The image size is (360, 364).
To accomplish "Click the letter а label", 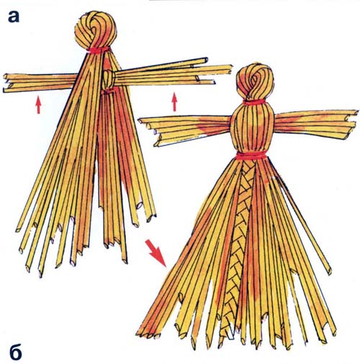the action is (x=13, y=17).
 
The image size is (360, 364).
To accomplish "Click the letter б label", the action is (x=16, y=352).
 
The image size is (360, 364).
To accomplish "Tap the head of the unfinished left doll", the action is (x=95, y=29).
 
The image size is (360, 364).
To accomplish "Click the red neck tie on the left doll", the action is (x=99, y=50).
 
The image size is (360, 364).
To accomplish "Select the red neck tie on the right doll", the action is (x=255, y=102).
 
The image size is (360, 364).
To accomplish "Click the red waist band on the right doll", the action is (x=251, y=155).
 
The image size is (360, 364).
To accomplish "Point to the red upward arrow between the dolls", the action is (x=175, y=102).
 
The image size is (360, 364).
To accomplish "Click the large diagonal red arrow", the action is (x=156, y=252).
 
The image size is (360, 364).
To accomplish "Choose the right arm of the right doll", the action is (x=315, y=124).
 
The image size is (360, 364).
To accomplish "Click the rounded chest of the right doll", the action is (x=252, y=128).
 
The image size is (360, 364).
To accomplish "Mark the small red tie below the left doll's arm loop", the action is (x=108, y=91).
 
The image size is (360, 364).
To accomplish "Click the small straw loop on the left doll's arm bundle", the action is (x=109, y=79).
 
